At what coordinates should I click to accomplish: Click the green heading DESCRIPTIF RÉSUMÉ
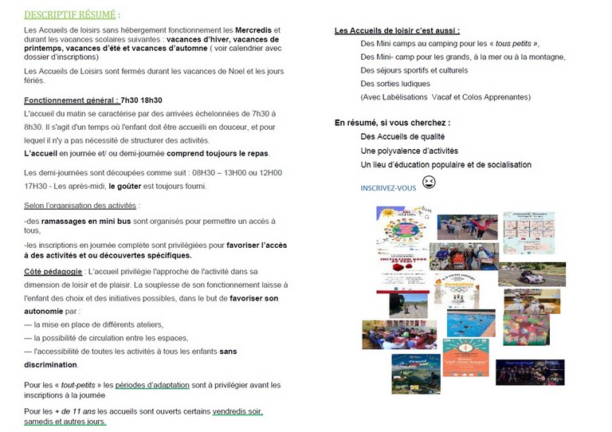[x=73, y=14]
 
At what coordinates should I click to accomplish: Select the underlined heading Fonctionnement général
[x=70, y=100]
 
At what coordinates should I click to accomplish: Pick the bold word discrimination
[x=51, y=365]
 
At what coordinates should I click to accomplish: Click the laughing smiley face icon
[x=429, y=183]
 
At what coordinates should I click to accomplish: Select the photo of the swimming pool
[x=470, y=323]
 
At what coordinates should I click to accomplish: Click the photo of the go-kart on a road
[x=531, y=273]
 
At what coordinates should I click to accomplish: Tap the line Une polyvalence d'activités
[x=408, y=150]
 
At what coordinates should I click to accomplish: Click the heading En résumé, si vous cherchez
[x=392, y=123]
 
